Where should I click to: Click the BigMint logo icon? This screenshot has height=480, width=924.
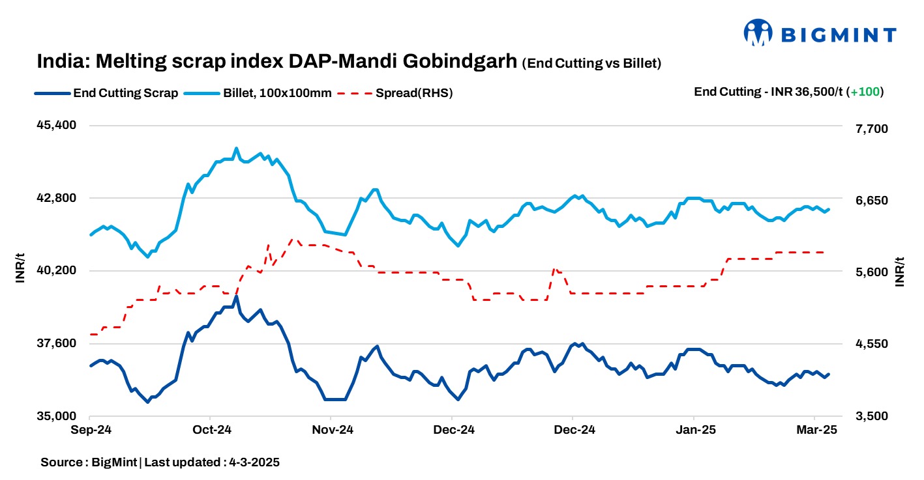tap(758, 33)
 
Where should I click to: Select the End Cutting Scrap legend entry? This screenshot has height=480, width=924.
tap(125, 93)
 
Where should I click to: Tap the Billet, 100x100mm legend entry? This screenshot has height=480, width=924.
tap(277, 93)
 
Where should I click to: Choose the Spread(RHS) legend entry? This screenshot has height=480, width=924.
tap(413, 93)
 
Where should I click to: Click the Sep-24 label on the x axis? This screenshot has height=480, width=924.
tap(91, 430)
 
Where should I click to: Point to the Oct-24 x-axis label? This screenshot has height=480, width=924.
tap(211, 430)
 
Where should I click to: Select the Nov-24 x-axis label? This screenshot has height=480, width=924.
tap(332, 430)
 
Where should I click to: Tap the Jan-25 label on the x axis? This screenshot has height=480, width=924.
tap(694, 430)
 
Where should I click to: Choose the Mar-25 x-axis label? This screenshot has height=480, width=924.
tap(815, 430)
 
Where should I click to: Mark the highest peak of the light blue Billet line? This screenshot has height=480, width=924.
tap(236, 148)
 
